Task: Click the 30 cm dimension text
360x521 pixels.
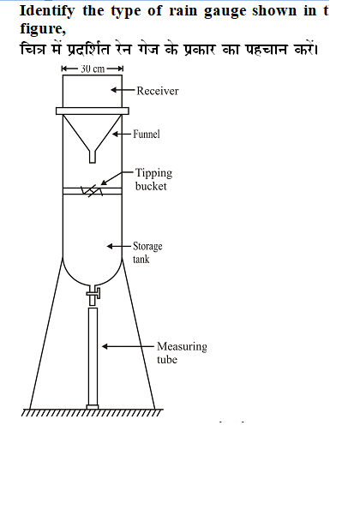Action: (93, 69)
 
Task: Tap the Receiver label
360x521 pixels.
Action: (158, 91)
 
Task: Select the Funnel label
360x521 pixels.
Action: (147, 134)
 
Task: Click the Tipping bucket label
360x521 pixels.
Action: (153, 179)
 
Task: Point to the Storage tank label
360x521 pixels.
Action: (147, 253)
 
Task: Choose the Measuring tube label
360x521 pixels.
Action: (182, 352)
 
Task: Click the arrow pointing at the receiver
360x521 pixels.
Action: (123, 90)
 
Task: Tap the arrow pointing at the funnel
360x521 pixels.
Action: (122, 134)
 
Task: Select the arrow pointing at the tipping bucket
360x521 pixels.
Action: (117, 177)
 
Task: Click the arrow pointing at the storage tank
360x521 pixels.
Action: (119, 246)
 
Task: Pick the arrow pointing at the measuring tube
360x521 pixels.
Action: (129, 346)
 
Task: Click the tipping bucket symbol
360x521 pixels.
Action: (92, 191)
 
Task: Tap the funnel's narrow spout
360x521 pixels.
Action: (93, 157)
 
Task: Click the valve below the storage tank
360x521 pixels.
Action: (93, 294)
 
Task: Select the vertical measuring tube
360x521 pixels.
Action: (93, 356)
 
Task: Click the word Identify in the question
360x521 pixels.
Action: (47, 12)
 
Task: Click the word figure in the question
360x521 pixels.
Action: (43, 29)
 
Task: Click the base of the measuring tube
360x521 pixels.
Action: (93, 407)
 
